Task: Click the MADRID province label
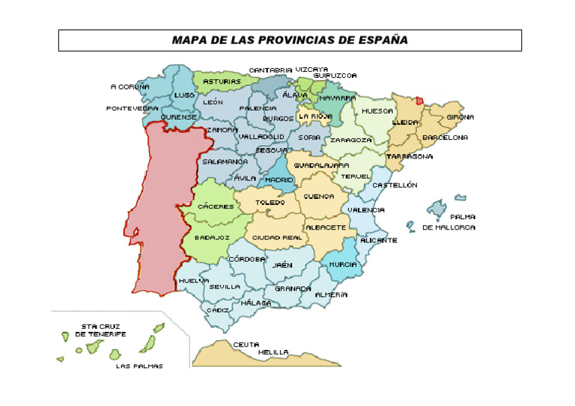tap(279, 180)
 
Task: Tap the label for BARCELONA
tap(445, 138)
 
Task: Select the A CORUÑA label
tap(130, 87)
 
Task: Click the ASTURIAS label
tap(222, 81)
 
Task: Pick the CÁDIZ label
tap(218, 310)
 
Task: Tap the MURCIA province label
tap(342, 265)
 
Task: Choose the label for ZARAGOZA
tap(351, 140)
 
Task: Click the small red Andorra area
tap(419, 100)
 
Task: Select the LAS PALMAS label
tap(139, 366)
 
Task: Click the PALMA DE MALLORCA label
tap(449, 222)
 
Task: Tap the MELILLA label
tap(274, 351)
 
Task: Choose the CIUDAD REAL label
tap(277, 237)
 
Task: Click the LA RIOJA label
tap(315, 117)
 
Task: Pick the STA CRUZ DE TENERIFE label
tap(100, 330)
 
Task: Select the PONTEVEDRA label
tap(132, 108)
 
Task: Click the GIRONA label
tap(460, 117)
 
